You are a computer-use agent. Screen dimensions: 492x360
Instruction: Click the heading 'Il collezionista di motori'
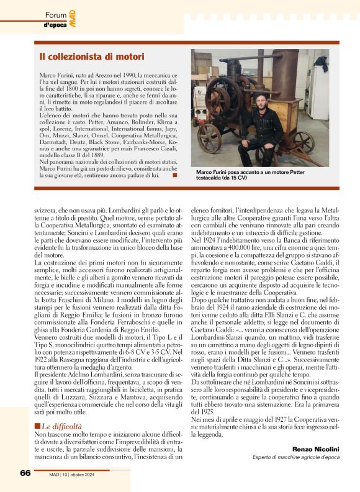point(91,57)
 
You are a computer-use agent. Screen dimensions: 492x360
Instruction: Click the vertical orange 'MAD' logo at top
point(73,14)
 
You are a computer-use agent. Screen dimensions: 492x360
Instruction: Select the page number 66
point(25,473)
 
